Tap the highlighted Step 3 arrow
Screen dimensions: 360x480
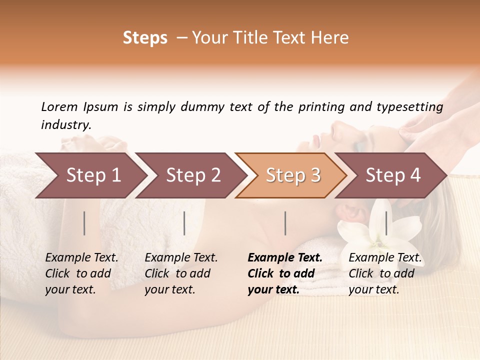293,175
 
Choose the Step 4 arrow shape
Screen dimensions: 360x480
393,175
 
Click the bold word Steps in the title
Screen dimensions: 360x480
145,38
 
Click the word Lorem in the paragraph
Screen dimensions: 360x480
59,107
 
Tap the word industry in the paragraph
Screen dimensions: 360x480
65,125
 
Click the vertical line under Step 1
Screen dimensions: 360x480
84,223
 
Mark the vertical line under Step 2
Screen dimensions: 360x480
184,223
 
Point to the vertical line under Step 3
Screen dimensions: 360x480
285,223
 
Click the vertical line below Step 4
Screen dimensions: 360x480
386,223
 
